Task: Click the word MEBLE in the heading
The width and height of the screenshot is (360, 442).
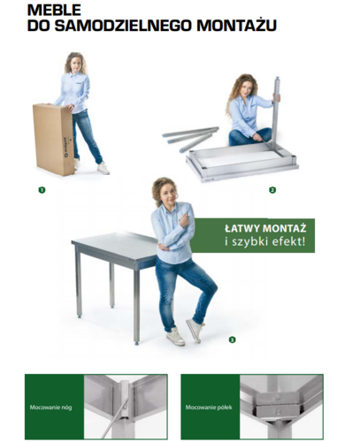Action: (x=54, y=11)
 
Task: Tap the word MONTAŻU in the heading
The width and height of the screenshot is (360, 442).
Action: (x=237, y=25)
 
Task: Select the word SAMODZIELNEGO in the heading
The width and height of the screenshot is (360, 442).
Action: (x=123, y=26)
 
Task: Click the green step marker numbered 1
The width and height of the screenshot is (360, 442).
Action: (x=42, y=190)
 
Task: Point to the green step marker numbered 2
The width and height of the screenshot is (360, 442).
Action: (x=272, y=190)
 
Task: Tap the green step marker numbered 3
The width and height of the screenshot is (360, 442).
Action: (x=233, y=339)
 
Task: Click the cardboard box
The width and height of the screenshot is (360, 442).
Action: (x=53, y=140)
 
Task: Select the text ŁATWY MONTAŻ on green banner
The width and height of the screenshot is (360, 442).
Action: (x=265, y=228)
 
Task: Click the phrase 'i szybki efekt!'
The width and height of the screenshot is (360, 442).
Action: (x=264, y=241)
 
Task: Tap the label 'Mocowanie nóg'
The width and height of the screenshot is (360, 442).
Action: (x=50, y=408)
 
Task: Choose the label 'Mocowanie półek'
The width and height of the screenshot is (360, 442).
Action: (x=209, y=408)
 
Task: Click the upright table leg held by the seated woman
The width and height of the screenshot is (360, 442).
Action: (x=275, y=112)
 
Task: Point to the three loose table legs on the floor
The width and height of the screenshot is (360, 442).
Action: (x=191, y=139)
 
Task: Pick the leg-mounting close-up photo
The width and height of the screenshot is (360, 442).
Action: (x=126, y=408)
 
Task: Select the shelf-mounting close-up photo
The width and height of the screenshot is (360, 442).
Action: (x=281, y=408)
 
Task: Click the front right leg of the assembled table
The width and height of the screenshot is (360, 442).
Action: (x=136, y=307)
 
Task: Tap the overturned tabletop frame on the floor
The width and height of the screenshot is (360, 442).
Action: (x=241, y=163)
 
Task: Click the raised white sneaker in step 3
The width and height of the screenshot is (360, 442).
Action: (x=195, y=330)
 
